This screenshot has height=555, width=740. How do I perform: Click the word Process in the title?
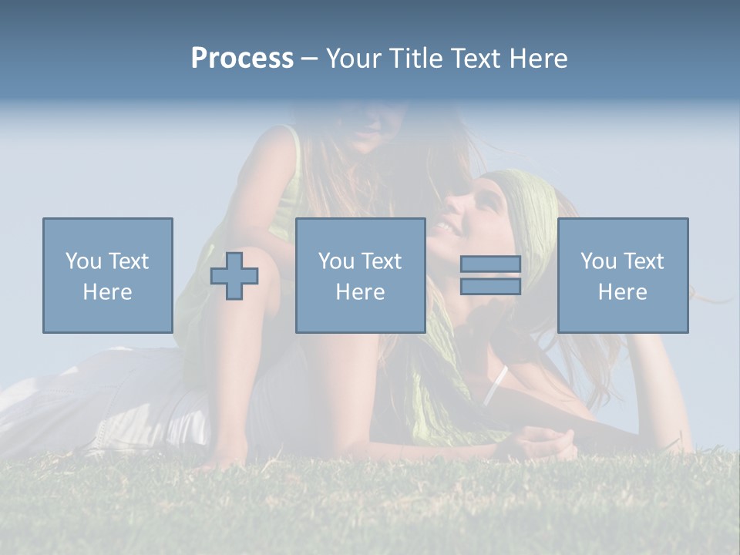[242, 59]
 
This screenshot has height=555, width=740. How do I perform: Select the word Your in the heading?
[355, 59]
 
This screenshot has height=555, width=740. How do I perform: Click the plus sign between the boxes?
[234, 276]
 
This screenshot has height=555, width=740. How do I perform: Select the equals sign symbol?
[490, 275]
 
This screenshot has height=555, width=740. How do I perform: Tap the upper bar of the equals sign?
[490, 264]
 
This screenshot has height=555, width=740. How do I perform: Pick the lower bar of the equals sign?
[490, 286]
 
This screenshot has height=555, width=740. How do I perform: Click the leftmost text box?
[107, 275]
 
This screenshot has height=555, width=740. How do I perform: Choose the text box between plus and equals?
[360, 275]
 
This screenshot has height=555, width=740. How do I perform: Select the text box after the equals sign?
[622, 275]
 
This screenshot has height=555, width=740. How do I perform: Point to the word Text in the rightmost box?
[644, 261]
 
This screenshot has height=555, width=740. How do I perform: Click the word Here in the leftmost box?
[107, 292]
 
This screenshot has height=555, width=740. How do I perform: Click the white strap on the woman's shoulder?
[495, 385]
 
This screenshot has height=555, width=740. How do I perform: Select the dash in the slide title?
[310, 59]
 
